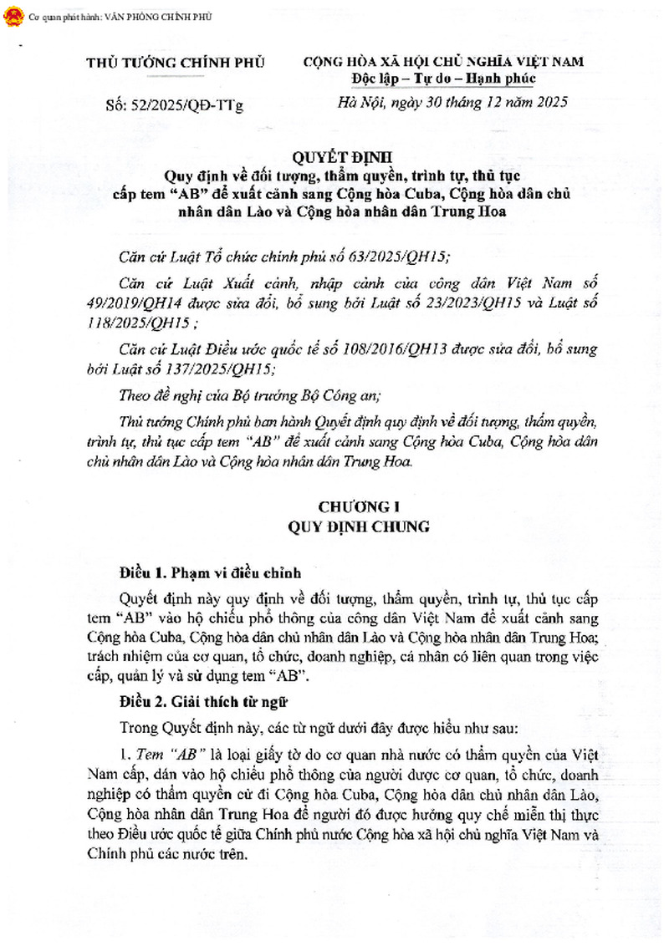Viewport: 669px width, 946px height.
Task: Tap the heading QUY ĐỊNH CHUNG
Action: pos(359,526)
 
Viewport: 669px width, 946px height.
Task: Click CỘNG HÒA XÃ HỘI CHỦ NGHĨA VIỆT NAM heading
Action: pos(442,63)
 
